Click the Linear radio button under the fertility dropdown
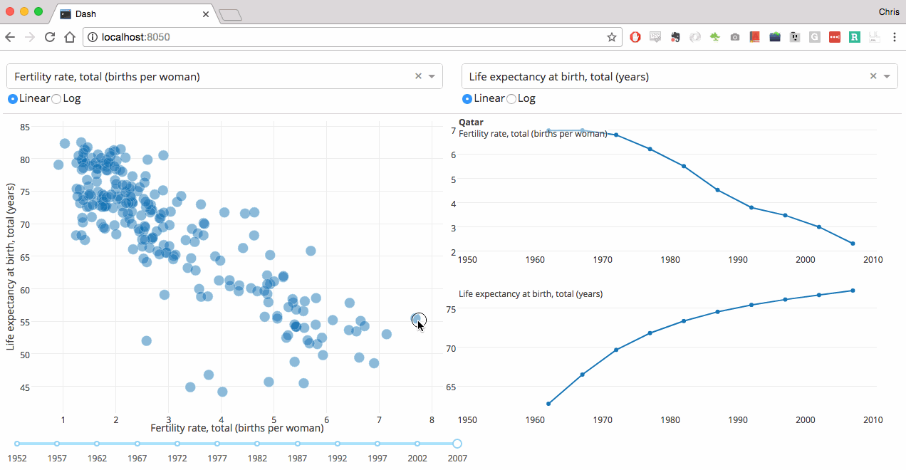12,99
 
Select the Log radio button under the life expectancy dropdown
511,99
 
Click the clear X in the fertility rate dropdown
418,76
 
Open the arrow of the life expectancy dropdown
887,76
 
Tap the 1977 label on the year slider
217,458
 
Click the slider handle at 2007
457,444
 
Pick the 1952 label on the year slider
17,458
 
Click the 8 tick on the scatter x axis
432,419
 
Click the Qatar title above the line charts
471,122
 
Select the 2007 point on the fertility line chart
853,244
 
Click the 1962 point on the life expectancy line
548,404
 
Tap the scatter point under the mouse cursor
417,319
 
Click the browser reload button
50,37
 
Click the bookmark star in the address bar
612,37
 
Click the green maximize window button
38,11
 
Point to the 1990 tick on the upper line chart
738,260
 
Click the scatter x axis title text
237,428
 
